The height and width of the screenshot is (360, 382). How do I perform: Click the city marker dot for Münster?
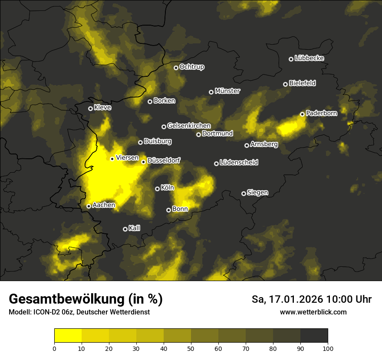pos(211,92)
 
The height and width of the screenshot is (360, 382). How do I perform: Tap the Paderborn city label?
pos(321,113)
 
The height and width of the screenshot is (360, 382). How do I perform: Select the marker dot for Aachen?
pos(89,206)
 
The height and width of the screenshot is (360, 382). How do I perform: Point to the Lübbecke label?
pos(309,58)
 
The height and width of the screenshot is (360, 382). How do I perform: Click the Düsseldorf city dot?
pos(144,162)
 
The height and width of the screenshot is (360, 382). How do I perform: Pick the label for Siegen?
pos(257,193)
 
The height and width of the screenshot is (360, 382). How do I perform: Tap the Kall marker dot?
pos(125,229)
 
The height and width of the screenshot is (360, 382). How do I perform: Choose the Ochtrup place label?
pos(191,67)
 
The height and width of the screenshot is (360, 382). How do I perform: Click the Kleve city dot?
pos(90,108)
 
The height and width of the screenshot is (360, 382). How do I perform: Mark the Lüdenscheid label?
pos(239,163)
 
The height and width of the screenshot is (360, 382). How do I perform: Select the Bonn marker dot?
pos(169,210)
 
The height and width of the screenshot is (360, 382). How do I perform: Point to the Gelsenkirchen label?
pos(189,126)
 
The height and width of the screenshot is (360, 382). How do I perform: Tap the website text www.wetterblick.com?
pos(313,312)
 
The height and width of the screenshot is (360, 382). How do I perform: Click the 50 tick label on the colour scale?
pos(191,348)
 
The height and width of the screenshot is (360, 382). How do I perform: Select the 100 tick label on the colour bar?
pos(328,348)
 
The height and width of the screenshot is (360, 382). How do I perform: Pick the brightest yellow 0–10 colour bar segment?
pos(68,335)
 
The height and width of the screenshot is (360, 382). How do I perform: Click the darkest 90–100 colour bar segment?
pos(314,335)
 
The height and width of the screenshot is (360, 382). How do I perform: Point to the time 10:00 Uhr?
pos(349,299)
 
